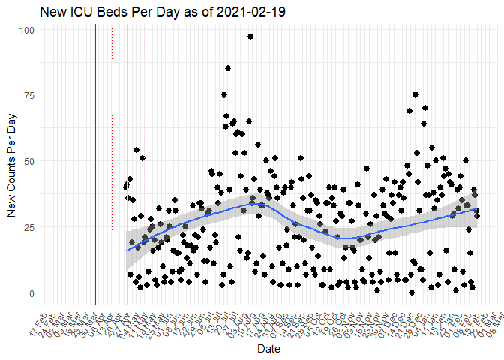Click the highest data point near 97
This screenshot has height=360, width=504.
[250, 37]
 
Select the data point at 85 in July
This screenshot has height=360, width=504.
[228, 68]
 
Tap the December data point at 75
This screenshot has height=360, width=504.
[415, 94]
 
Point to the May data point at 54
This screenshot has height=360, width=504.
[136, 150]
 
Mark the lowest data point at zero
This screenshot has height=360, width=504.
[412, 292]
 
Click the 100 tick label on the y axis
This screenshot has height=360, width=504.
[27, 30]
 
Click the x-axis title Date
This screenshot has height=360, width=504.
[268, 349]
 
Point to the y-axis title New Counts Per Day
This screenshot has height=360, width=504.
[10, 161]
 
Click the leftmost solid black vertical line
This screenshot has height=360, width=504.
[73, 165]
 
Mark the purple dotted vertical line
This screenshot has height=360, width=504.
[112, 165]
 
